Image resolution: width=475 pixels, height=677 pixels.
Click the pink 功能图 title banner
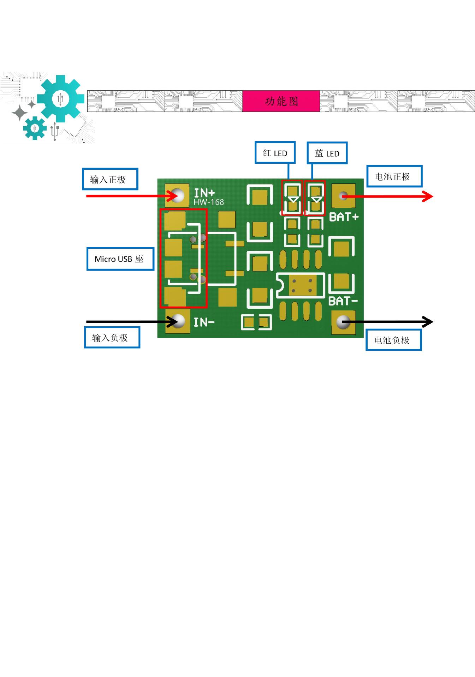(x=281, y=101)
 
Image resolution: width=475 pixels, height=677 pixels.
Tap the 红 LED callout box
(x=275, y=153)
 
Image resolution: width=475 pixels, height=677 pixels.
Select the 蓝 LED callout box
(x=327, y=153)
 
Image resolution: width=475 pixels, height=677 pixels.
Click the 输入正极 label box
(x=110, y=179)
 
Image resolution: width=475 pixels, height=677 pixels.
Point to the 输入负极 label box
(x=112, y=338)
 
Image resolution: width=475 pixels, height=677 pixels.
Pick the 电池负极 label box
(x=394, y=340)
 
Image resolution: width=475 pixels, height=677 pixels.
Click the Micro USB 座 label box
(x=120, y=259)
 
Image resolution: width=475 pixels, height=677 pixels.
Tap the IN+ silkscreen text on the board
(x=204, y=193)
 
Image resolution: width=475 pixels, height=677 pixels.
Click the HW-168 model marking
(x=209, y=202)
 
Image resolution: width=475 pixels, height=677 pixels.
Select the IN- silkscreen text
(x=204, y=322)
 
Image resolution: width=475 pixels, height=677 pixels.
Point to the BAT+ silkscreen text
(x=344, y=217)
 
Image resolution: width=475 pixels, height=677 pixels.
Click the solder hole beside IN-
(x=178, y=321)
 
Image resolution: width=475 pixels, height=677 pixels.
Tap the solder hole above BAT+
(x=343, y=195)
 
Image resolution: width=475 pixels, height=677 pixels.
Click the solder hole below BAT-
(x=343, y=321)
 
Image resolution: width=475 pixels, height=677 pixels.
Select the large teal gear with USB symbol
(x=60, y=98)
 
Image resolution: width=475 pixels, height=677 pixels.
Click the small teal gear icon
(x=35, y=128)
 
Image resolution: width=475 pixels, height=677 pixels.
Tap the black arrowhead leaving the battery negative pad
(x=428, y=322)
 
